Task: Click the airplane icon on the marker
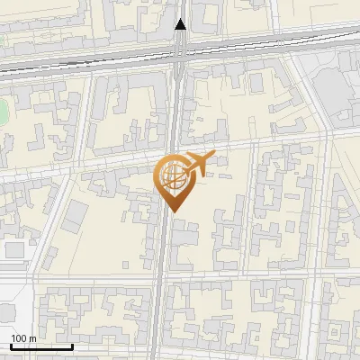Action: (199, 163)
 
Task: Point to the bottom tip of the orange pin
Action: (174, 212)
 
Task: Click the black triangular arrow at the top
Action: (180, 24)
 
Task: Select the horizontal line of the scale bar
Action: (41, 346)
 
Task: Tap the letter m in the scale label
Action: (32, 337)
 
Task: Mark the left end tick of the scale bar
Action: (11, 345)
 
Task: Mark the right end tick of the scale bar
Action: (72, 345)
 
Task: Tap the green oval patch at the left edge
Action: (3, 112)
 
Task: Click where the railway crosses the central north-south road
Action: (177, 54)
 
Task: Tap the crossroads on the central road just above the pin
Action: (170, 149)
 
